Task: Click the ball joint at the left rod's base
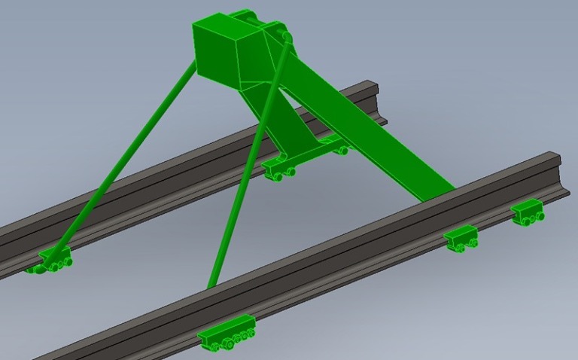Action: pos(53,260)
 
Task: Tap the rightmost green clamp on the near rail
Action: pos(529,212)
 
